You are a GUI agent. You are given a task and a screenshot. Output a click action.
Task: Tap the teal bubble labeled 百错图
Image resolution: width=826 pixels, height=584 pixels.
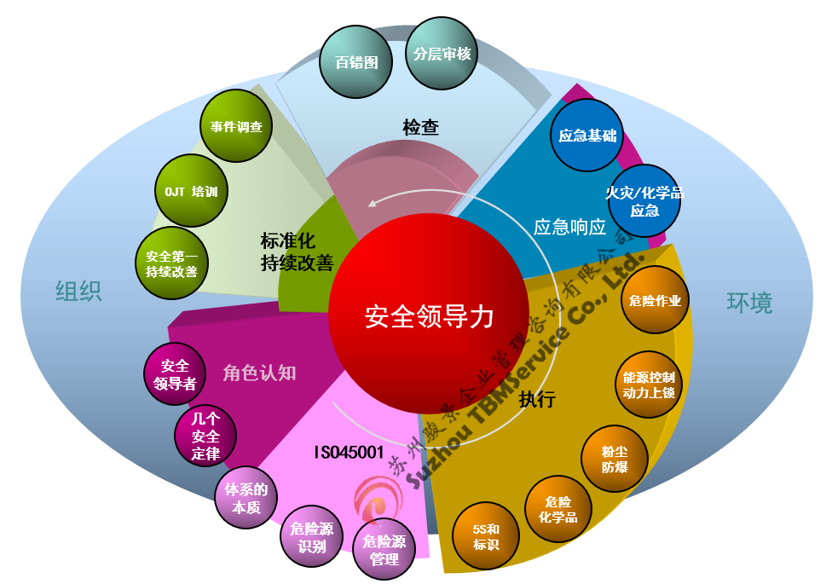pyautogui.click(x=356, y=62)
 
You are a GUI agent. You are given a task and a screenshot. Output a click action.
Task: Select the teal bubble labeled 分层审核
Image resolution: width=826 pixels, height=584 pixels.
pyautogui.click(x=442, y=53)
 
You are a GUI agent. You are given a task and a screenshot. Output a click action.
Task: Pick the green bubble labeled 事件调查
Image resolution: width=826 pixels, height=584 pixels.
pyautogui.click(x=236, y=127)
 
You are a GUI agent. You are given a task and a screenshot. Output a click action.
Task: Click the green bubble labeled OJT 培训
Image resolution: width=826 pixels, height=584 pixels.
pyautogui.click(x=191, y=191)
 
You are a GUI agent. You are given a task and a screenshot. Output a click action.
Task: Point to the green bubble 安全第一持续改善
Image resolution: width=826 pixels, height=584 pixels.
pyautogui.click(x=171, y=263)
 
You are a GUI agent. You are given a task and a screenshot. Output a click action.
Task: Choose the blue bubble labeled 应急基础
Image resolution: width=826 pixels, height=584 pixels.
pyautogui.click(x=587, y=135)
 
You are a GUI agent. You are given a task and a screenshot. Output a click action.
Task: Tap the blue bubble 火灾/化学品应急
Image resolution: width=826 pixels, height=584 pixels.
pyautogui.click(x=644, y=202)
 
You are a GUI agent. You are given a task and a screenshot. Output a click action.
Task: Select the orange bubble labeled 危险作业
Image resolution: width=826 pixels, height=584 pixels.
pyautogui.click(x=655, y=300)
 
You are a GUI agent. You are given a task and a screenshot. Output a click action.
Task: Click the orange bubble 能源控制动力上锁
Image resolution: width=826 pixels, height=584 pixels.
pyautogui.click(x=648, y=385)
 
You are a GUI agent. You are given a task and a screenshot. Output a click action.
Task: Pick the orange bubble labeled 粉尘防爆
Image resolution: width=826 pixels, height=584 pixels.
pyautogui.click(x=615, y=460)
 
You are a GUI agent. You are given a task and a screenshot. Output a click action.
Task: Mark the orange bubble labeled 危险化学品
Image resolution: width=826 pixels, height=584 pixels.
pyautogui.click(x=558, y=509)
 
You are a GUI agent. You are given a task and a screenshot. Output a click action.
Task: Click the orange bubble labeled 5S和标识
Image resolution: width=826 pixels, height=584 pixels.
pyautogui.click(x=486, y=536)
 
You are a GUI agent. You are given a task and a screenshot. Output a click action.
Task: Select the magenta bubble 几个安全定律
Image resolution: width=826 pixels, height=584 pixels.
pyautogui.click(x=205, y=437)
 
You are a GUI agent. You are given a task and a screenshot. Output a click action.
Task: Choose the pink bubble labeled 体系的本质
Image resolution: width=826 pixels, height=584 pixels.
pyautogui.click(x=246, y=498)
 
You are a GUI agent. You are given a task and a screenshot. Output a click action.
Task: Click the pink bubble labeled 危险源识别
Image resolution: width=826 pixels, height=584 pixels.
pyautogui.click(x=312, y=537)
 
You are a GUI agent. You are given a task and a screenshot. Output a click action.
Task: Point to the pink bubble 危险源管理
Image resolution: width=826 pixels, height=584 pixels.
pyautogui.click(x=384, y=550)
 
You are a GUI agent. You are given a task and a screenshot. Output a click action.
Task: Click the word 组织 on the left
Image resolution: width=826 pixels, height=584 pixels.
pyautogui.click(x=79, y=292)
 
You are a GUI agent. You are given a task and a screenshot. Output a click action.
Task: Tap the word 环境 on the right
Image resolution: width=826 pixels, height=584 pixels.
pyautogui.click(x=749, y=302)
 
